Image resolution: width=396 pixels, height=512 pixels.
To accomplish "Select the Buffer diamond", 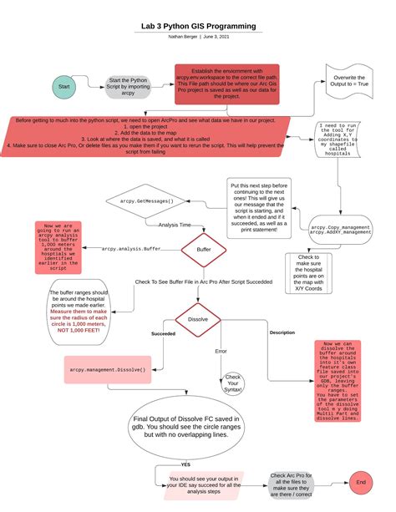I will coord(203,249).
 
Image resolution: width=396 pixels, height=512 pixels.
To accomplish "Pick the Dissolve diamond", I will coord(197,319).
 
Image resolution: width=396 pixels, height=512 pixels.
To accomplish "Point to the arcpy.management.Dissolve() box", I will coord(108,368).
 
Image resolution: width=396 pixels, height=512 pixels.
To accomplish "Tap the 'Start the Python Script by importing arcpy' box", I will coord(128,87).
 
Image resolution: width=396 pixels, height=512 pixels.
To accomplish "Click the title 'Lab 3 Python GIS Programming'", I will coord(198,27).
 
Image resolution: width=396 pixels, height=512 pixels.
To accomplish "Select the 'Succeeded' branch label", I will coord(162,332).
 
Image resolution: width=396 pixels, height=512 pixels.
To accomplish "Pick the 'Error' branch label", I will coord(221,351).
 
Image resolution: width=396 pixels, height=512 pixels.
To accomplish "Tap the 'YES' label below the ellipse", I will coord(185,464).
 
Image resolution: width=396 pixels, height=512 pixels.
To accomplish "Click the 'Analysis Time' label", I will coord(175,224).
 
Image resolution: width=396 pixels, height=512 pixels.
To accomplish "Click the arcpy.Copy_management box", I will coord(339,231).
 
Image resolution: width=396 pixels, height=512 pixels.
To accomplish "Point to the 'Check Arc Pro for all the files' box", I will coord(292,484).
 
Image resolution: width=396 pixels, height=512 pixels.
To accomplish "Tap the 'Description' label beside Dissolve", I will coord(282,332).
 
